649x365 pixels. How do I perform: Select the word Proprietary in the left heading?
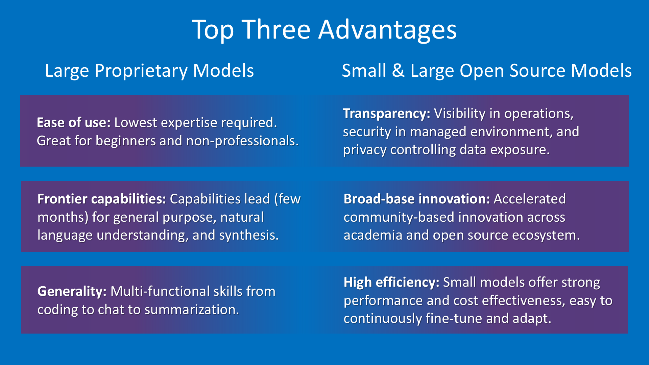coord(141,72)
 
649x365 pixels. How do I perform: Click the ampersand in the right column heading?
coord(398,71)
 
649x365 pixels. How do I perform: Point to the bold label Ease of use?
coord(74,123)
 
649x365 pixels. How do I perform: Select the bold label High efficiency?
coord(391,283)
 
